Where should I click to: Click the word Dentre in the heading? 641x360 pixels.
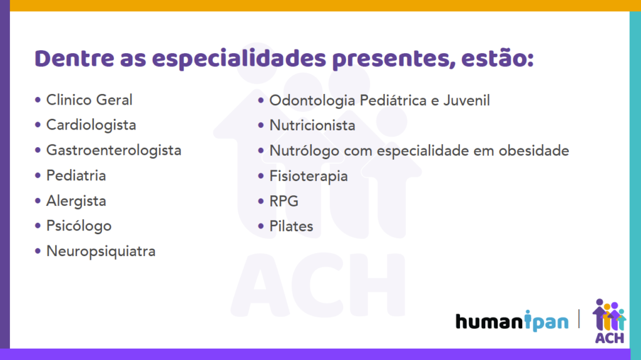[74, 58]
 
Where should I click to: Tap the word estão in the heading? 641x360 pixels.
[497, 58]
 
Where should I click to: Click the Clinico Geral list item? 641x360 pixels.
[89, 100]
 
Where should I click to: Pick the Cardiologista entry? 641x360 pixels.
[91, 125]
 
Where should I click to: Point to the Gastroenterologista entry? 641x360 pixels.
[114, 150]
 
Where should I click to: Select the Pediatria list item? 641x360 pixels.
[76, 175]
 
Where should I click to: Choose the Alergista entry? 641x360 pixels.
[76, 201]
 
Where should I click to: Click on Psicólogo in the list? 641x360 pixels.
[79, 226]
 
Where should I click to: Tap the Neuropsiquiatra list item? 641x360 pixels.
[101, 252]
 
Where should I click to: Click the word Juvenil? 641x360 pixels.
[466, 101]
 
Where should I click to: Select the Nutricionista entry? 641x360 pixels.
[312, 126]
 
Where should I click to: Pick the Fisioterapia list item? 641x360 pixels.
[309, 177]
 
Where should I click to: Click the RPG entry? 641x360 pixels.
[284, 201]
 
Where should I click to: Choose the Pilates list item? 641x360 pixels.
[292, 226]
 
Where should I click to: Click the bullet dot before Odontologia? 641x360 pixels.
[261, 100]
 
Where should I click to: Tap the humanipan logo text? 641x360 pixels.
[512, 321]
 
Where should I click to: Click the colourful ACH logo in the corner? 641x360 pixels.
[609, 321]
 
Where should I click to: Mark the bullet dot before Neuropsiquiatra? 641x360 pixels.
[38, 251]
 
